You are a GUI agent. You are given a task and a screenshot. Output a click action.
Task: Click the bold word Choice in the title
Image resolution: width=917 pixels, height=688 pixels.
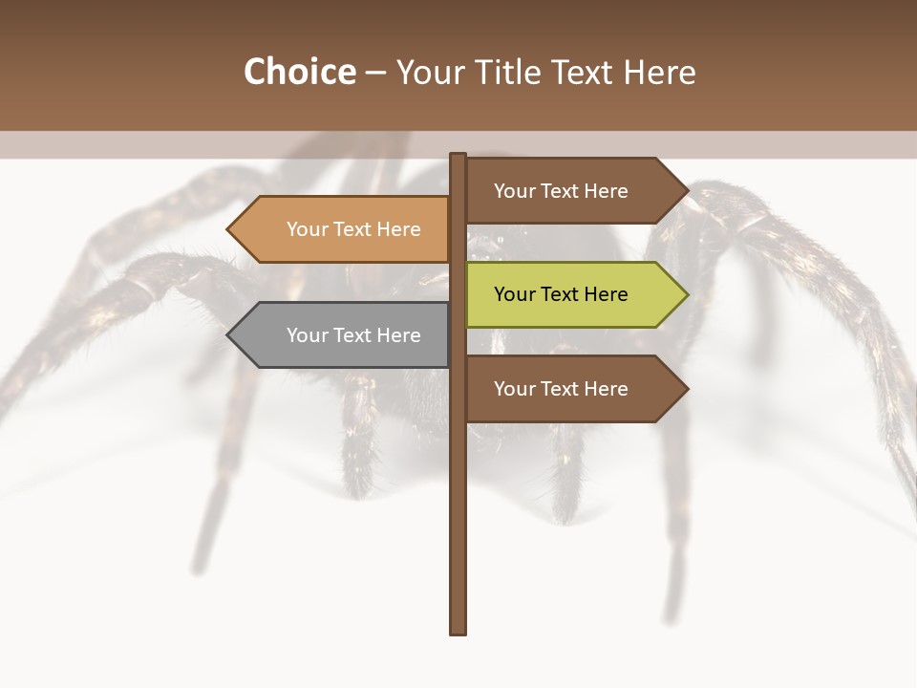[x=299, y=72]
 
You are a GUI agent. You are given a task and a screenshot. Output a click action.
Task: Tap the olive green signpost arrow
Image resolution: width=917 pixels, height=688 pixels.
[x=573, y=294]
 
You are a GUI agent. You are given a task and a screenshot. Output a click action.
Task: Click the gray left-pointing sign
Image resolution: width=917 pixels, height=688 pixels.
[x=344, y=335]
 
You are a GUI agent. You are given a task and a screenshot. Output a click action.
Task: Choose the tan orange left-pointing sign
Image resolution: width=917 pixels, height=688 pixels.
[x=344, y=229]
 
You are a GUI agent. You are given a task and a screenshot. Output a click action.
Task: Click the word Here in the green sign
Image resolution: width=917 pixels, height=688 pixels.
[x=605, y=294]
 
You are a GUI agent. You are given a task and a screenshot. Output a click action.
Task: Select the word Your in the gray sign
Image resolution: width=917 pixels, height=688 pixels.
[x=307, y=335]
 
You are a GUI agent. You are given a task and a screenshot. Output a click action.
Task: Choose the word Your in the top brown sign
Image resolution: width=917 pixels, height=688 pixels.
[x=514, y=191]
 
